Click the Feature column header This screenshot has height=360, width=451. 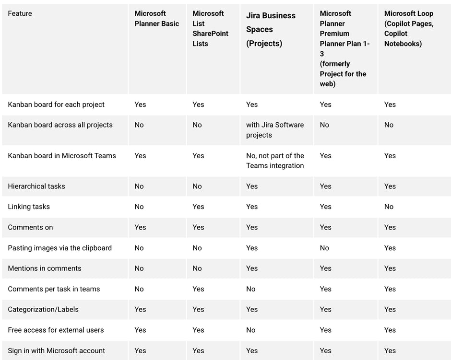click(20, 13)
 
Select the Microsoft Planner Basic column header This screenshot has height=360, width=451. click(156, 19)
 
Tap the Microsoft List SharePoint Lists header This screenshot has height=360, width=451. click(210, 29)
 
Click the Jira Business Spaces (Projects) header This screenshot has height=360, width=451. click(271, 29)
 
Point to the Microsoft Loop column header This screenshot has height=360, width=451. click(408, 29)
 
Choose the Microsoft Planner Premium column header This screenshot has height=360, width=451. click(344, 48)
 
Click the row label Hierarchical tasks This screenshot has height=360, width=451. click(36, 186)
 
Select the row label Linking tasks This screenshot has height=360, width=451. click(29, 207)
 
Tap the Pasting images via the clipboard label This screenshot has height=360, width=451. click(59, 248)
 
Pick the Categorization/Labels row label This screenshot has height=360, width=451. click(43, 309)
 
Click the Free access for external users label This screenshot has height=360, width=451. click(56, 330)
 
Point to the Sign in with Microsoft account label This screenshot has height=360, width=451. click(56, 350)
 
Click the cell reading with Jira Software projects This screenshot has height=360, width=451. click(274, 130)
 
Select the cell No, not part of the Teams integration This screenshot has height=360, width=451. click(274, 161)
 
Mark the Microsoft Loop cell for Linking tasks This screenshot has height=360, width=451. click(389, 207)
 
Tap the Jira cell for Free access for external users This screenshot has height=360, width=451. click(251, 330)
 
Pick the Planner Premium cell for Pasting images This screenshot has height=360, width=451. click(325, 248)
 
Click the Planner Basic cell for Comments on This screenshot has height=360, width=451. click(140, 227)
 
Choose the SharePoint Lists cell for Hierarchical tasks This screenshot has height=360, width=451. click(197, 186)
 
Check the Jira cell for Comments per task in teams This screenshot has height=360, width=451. click(251, 289)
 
